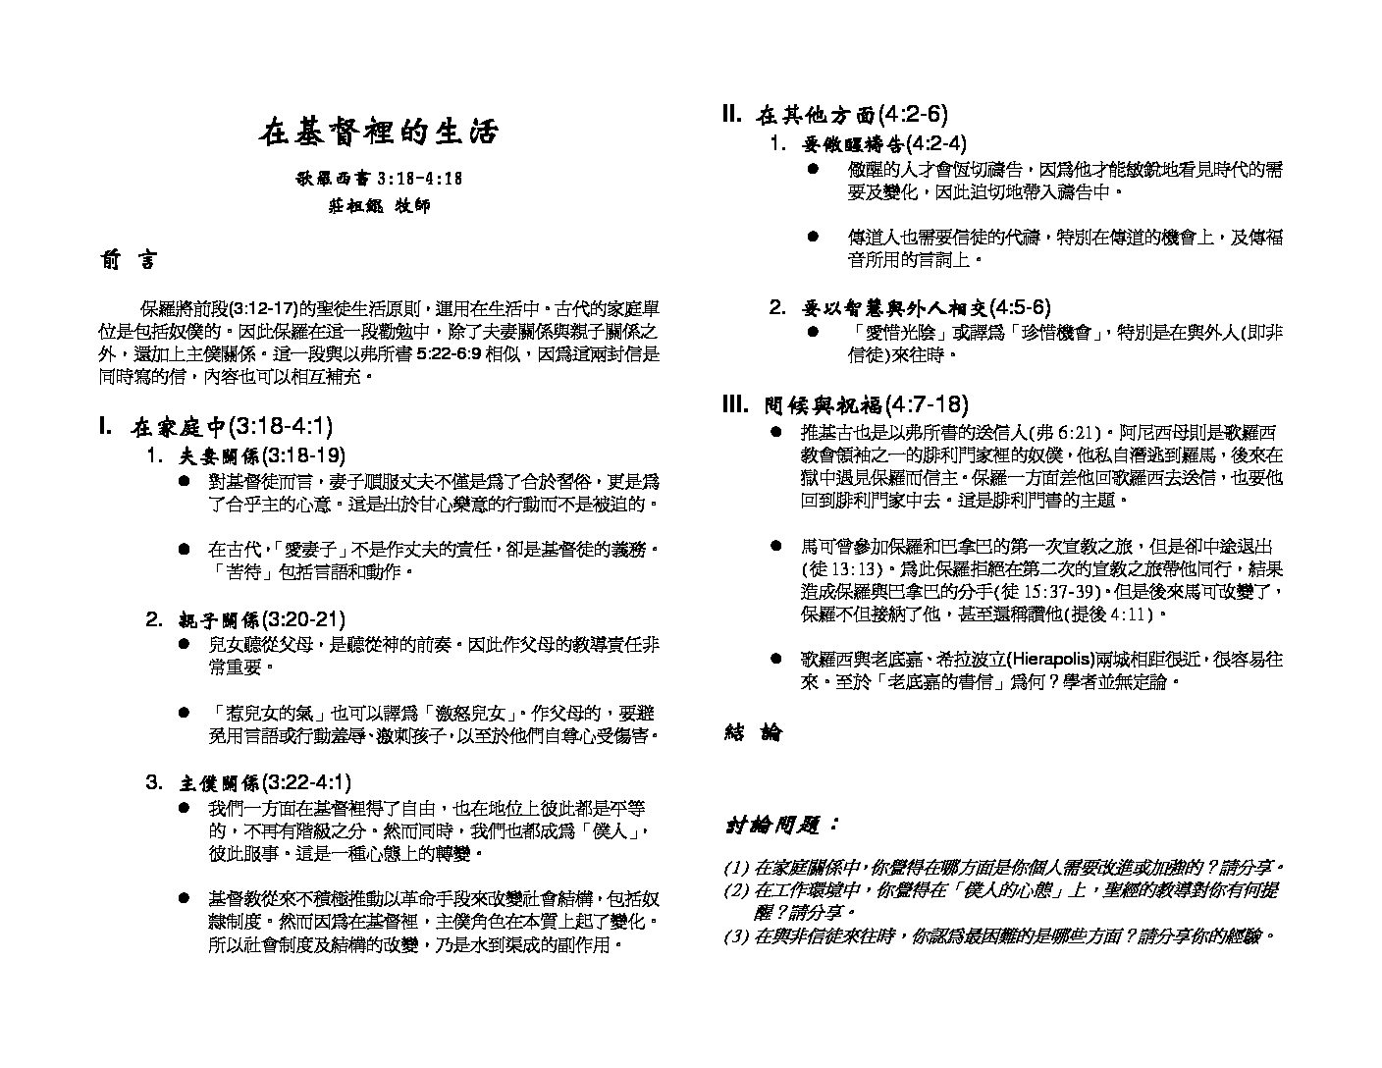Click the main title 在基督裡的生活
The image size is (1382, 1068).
coord(379,133)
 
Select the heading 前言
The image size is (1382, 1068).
coord(126,260)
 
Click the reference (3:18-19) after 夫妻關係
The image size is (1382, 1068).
coord(303,455)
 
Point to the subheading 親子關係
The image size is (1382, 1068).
coord(219,620)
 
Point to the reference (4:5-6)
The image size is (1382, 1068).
coord(1020,307)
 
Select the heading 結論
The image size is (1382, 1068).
coord(753,732)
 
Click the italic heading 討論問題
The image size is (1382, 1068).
coord(782,826)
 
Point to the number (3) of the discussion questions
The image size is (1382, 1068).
coord(736,936)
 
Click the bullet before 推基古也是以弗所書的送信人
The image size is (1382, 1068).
coord(776,433)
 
